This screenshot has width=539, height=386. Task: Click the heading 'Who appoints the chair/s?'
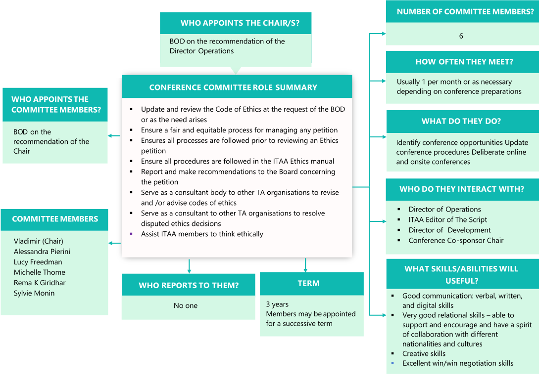click(236, 23)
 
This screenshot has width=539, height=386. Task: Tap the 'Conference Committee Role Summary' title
click(233, 87)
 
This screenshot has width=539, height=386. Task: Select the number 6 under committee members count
click(461, 36)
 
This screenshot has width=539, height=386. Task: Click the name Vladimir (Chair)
click(39, 241)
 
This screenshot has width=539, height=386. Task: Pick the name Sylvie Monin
click(34, 293)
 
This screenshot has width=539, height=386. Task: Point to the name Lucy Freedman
click(38, 262)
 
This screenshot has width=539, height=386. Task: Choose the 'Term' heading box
click(308, 283)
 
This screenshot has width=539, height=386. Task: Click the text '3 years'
click(277, 304)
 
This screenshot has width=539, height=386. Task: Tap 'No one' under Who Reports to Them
click(186, 305)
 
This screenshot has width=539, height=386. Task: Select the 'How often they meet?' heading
click(464, 62)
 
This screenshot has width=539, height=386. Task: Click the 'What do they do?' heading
click(461, 121)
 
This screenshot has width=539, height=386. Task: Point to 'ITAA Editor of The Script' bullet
click(447, 219)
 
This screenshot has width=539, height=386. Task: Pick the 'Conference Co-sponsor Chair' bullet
click(456, 240)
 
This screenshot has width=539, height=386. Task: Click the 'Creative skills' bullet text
click(424, 353)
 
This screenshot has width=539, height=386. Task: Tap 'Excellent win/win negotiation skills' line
click(457, 363)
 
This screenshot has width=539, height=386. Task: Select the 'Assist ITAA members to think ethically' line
click(202, 234)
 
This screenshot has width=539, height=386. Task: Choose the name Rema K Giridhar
click(40, 283)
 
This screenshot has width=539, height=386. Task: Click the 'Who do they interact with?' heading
click(461, 189)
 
